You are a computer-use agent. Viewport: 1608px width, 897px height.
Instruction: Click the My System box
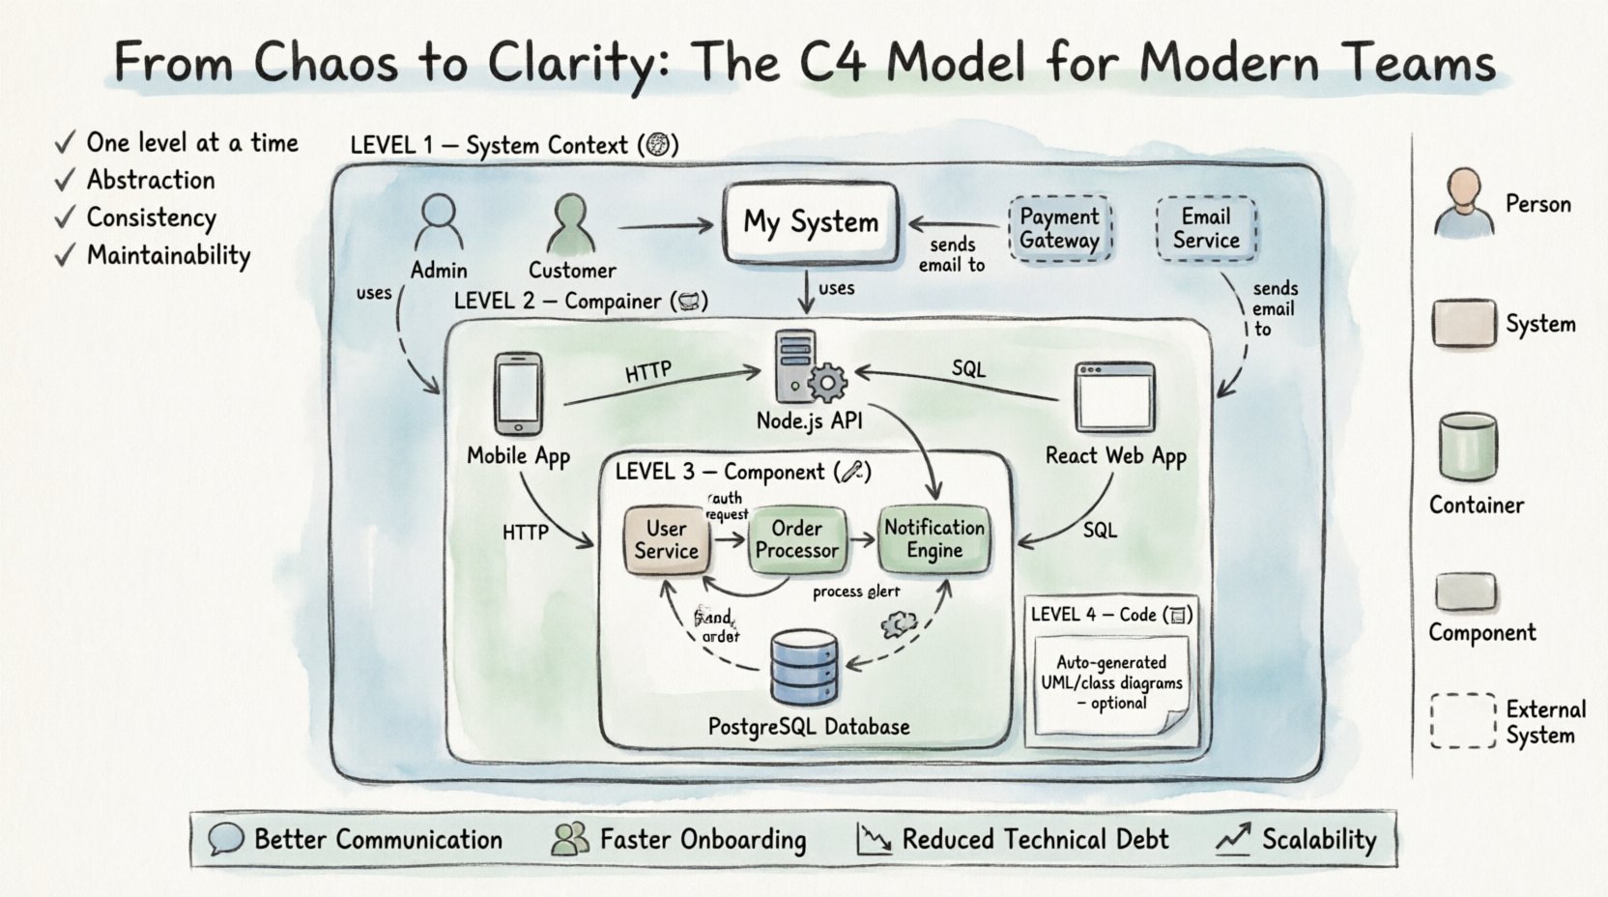pyautogui.click(x=811, y=222)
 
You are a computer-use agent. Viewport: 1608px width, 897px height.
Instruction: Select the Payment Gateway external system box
pyautogui.click(x=1059, y=228)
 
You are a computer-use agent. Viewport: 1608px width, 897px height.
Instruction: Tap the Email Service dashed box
pyautogui.click(x=1206, y=228)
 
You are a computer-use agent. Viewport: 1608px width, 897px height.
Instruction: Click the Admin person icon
pyautogui.click(x=438, y=222)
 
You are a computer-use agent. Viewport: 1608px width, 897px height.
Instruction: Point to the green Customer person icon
pyautogui.click(x=571, y=222)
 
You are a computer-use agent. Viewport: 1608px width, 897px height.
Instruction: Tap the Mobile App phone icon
pyautogui.click(x=518, y=393)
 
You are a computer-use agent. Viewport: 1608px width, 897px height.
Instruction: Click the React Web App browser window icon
pyautogui.click(x=1115, y=396)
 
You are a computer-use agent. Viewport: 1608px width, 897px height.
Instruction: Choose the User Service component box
pyautogui.click(x=666, y=539)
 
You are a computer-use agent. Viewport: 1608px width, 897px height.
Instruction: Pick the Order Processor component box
pyautogui.click(x=797, y=539)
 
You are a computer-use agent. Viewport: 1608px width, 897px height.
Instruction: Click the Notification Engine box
pyautogui.click(x=933, y=539)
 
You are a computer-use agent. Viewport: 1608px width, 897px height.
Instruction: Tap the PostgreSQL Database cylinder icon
pyautogui.click(x=805, y=667)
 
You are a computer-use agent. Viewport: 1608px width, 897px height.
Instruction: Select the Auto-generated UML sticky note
pyautogui.click(x=1111, y=684)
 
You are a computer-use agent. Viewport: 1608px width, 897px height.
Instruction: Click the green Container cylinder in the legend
pyautogui.click(x=1467, y=447)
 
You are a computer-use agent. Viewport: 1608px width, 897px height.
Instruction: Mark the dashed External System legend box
pyautogui.click(x=1463, y=720)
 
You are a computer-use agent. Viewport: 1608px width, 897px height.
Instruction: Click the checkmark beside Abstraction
pyautogui.click(x=65, y=181)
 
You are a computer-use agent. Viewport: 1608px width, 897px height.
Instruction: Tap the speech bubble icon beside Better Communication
pyautogui.click(x=225, y=839)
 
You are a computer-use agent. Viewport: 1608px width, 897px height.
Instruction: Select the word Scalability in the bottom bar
pyautogui.click(x=1318, y=839)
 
